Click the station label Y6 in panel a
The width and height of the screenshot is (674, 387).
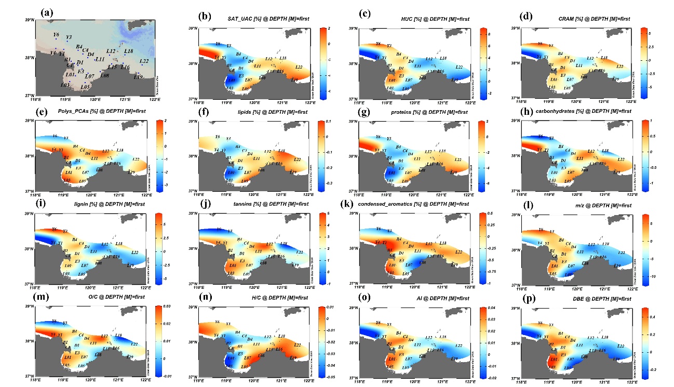(x=56, y=35)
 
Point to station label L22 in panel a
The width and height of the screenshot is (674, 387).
(x=144, y=61)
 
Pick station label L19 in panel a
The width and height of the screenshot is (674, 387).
(x=138, y=77)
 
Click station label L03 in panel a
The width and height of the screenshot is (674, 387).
(x=65, y=85)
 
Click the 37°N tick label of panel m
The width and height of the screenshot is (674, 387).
(x=27, y=376)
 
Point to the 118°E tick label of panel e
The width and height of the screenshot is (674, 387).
(x=35, y=195)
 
